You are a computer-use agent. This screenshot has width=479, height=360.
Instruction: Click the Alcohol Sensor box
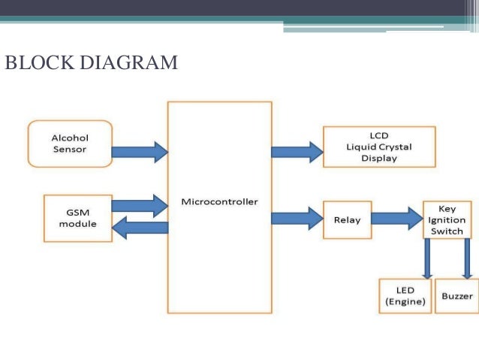click(x=70, y=144)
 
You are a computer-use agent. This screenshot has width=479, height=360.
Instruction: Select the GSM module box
click(x=77, y=218)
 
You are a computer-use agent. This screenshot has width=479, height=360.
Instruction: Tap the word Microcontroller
click(x=219, y=201)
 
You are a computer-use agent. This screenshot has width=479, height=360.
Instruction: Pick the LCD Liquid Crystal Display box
click(x=378, y=147)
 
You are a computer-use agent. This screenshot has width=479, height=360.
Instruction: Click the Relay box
click(x=347, y=220)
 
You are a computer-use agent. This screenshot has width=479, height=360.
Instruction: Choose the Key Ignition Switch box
click(x=447, y=219)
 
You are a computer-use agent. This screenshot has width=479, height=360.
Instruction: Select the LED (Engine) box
click(x=405, y=296)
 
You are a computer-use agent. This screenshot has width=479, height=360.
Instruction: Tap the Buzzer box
click(x=457, y=296)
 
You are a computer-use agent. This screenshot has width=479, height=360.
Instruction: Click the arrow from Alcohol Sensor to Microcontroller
click(x=140, y=151)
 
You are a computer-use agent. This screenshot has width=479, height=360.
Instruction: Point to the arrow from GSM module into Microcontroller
click(x=140, y=205)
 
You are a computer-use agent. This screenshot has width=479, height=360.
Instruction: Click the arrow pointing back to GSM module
click(x=140, y=228)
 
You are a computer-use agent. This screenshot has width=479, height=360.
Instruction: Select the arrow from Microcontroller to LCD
click(x=297, y=151)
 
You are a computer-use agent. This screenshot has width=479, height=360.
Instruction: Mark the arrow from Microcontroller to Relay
click(x=297, y=219)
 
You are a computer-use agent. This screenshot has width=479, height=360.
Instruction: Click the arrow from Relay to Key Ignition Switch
click(x=397, y=219)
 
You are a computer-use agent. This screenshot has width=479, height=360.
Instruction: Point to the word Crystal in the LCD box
click(x=395, y=147)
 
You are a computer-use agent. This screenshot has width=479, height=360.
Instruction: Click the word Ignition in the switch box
click(x=447, y=220)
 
